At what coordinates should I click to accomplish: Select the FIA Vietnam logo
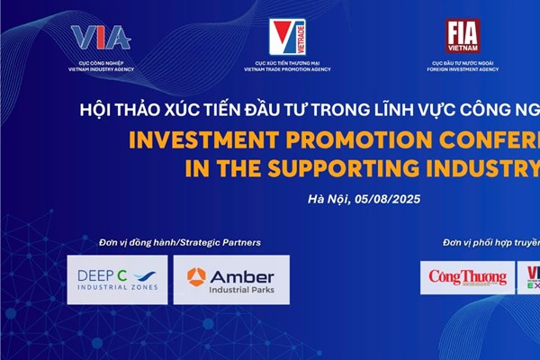463,35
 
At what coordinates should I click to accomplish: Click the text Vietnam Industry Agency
101,68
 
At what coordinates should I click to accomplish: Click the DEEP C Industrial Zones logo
116,279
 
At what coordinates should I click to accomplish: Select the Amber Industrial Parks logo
231,279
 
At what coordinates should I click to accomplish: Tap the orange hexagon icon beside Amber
196,274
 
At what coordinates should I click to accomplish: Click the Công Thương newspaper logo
467,277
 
